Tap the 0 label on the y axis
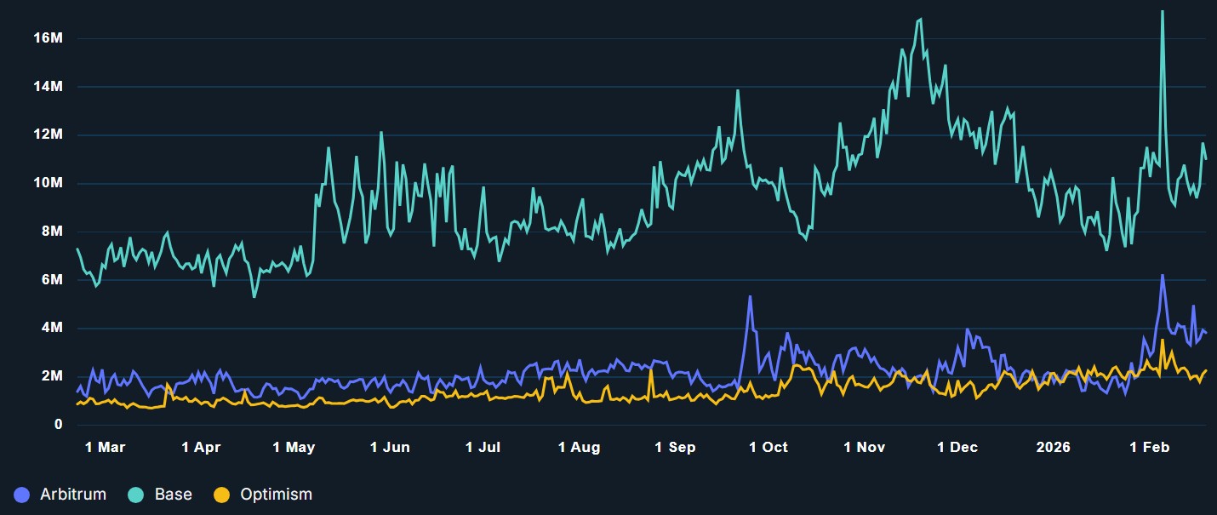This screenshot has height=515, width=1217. pyautogui.click(x=58, y=425)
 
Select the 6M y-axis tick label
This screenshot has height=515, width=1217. pyautogui.click(x=50, y=280)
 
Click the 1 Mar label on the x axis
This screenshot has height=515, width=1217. pyautogui.click(x=105, y=447)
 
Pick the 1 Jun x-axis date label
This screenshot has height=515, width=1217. pyautogui.click(x=390, y=447)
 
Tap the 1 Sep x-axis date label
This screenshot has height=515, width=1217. pyautogui.click(x=675, y=447)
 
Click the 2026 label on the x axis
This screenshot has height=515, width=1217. pyautogui.click(x=1054, y=447)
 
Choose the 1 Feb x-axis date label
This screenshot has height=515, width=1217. pyautogui.click(x=1149, y=447)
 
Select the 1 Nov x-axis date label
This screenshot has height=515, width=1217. pyautogui.click(x=865, y=447)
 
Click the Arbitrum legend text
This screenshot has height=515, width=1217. pyautogui.click(x=73, y=495)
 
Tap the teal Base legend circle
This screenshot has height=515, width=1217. pyautogui.click(x=137, y=495)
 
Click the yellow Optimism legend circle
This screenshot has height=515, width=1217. pyautogui.click(x=221, y=495)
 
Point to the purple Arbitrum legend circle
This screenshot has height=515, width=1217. pyautogui.click(x=22, y=495)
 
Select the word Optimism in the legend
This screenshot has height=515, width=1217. pyautogui.click(x=276, y=495)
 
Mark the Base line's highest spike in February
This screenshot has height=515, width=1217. pyautogui.click(x=1163, y=11)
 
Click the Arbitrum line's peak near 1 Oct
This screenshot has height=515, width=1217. pyautogui.click(x=750, y=296)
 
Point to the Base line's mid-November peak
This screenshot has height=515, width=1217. pyautogui.click(x=920, y=19)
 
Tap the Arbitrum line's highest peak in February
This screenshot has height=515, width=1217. pyautogui.click(x=1162, y=275)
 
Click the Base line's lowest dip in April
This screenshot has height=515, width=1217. pyautogui.click(x=254, y=296)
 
